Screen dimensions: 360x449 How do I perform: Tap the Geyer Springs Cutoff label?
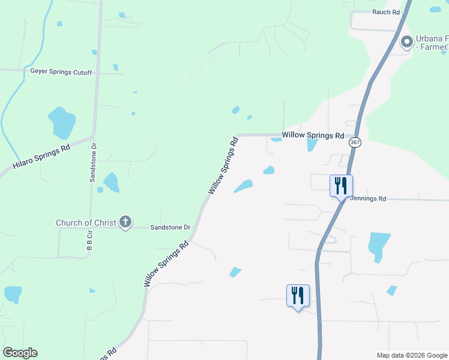61,72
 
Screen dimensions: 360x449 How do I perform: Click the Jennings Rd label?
367,198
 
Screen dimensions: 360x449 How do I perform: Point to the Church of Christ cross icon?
125,223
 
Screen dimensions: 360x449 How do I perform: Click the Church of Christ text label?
86,223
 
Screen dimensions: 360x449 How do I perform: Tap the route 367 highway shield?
354,142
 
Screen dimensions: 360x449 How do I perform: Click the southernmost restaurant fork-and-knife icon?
298,295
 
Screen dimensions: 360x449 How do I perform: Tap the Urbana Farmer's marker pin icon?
406,42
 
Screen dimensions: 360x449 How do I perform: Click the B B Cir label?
89,240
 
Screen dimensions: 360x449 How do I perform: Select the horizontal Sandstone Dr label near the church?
170,228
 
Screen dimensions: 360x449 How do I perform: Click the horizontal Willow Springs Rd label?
313,136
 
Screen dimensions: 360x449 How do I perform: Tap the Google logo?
20,353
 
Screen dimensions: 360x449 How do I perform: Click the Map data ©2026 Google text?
411,355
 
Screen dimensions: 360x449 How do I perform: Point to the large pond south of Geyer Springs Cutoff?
62,122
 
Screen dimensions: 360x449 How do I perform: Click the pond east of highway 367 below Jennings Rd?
378,245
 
